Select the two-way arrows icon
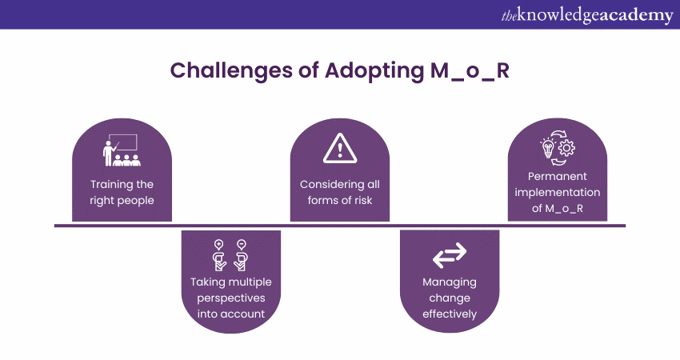[x=449, y=256]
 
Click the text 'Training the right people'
[x=122, y=193]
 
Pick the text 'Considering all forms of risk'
[x=339, y=193]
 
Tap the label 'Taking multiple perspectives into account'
[x=230, y=298]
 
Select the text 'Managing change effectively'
[x=449, y=298]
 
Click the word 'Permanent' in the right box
[x=558, y=176]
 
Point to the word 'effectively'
[x=449, y=314]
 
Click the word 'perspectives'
[x=230, y=298]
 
